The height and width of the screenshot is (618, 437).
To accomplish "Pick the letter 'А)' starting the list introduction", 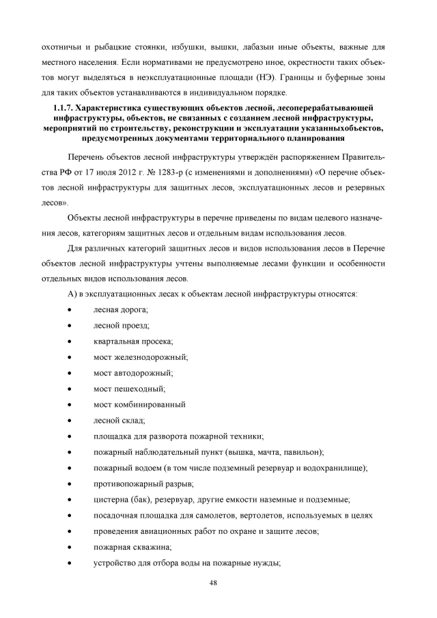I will [x=72, y=294].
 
